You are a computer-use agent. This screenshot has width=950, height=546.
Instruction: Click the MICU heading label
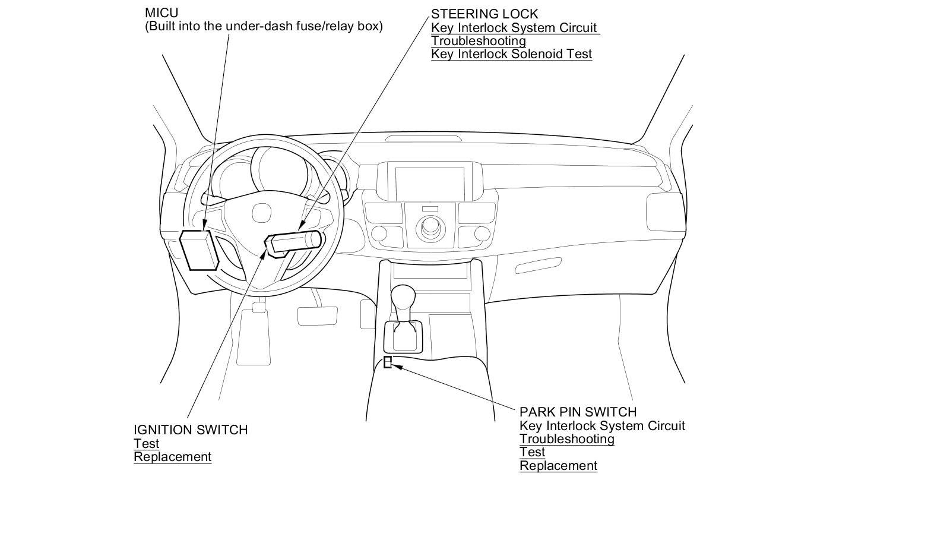161,12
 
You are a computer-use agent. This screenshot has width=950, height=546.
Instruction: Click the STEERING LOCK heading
484,14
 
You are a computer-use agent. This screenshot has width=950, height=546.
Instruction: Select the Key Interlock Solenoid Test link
511,54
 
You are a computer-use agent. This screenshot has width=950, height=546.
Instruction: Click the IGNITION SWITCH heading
191,430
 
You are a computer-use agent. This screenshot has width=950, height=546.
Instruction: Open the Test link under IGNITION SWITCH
146,443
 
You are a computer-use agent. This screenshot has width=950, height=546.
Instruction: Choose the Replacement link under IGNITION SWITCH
172,457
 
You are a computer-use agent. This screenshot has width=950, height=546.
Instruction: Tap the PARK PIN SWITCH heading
578,412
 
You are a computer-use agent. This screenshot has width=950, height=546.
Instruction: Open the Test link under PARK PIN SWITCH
532,452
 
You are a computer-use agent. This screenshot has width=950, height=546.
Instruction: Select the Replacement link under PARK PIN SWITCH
558,466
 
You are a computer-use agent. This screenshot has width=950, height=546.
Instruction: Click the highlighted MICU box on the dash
198,250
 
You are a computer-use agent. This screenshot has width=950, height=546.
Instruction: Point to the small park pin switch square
388,362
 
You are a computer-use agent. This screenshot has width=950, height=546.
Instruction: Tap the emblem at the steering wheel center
260,213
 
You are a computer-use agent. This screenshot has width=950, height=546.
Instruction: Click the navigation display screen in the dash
430,184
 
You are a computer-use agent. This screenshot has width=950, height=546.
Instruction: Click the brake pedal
317,316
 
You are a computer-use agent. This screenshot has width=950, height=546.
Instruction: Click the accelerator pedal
368,314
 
